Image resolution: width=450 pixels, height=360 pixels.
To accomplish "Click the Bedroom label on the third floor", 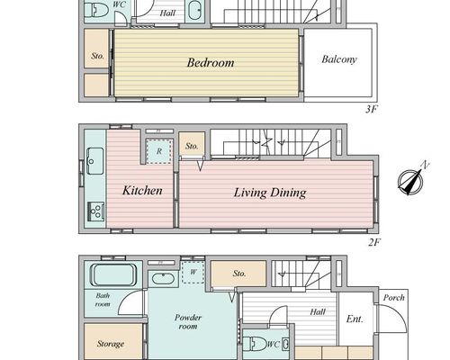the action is point(211,63).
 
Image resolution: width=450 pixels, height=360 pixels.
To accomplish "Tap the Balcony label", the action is point(339,59).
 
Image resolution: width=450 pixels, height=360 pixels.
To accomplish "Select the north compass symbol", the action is point(411,180).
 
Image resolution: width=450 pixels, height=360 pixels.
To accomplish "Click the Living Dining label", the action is point(270,193).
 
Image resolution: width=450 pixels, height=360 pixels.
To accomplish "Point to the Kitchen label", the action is point(142,191).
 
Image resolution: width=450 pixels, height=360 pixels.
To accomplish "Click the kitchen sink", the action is point(95,161).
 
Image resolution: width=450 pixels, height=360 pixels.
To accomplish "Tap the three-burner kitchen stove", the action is point(95,211).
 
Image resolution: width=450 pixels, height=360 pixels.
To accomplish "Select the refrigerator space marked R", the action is point(159,151).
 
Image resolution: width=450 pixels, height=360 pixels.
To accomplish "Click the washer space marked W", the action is point(193,272).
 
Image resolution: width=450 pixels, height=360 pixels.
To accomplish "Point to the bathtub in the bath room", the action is point(113,274).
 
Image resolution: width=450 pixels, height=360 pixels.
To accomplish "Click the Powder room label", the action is point(188,321).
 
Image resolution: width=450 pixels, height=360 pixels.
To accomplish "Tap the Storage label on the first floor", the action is point(111,344).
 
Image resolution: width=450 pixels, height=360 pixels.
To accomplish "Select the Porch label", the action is point(394,298).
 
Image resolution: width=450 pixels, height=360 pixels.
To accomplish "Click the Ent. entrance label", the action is point(355,319).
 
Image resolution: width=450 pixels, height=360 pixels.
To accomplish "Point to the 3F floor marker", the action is point(371,109).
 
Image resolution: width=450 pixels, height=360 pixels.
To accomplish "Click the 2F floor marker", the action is point(374,242).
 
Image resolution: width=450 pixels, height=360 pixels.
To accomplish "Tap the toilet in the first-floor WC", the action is point(255,344).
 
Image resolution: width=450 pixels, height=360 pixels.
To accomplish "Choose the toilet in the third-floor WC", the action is point(96,11).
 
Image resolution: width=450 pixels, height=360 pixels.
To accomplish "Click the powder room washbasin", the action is point(163,278).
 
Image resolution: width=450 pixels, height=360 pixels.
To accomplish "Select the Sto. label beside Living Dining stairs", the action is point(192,146).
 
